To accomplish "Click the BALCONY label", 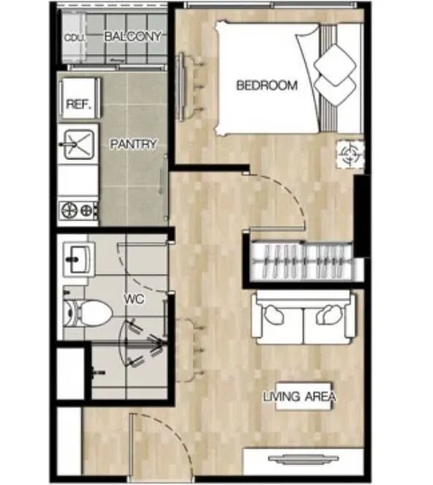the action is (x=133, y=37).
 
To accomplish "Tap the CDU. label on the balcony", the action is (x=75, y=37).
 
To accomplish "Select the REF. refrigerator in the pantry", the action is (x=80, y=98).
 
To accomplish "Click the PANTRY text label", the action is (x=134, y=144).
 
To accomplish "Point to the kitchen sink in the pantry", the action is (x=78, y=144).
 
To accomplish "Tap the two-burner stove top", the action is (x=79, y=210).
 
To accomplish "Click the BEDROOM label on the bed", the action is (x=267, y=85).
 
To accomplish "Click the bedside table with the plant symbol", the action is (x=350, y=154).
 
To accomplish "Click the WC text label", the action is (x=134, y=299).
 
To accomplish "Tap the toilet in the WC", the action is (x=88, y=313).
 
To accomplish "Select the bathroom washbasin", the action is (x=78, y=259).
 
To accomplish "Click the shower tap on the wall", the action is (x=98, y=372).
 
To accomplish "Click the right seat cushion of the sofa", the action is (x=328, y=322).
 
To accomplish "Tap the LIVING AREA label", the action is (x=299, y=397).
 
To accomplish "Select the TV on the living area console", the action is (x=304, y=459).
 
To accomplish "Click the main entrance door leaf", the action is (x=132, y=448).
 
